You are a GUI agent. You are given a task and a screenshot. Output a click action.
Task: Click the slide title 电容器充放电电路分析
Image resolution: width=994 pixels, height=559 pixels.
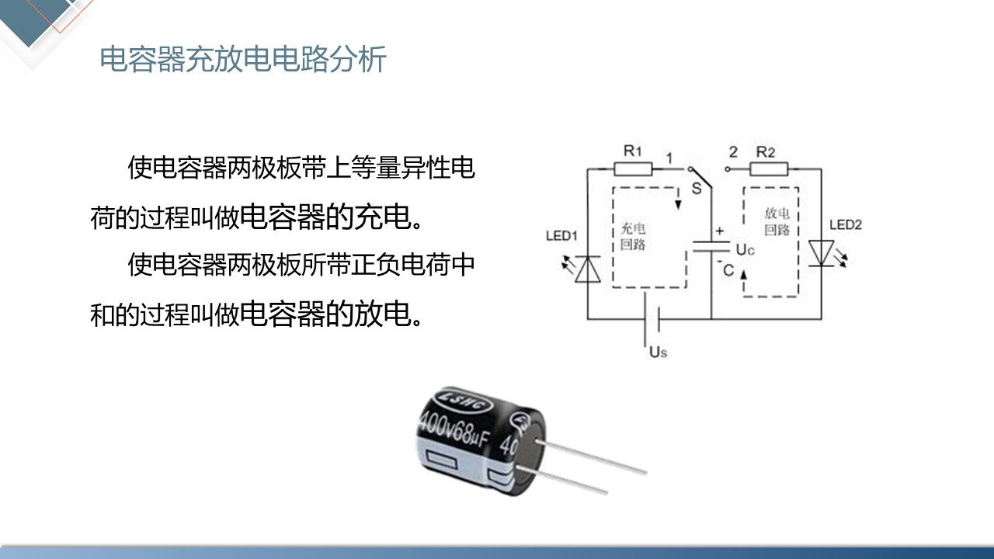243,60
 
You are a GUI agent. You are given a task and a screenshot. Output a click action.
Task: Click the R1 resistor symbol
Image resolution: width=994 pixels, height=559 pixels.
633,168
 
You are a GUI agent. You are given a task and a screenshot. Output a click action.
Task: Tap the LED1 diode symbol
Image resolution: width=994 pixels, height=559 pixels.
587,268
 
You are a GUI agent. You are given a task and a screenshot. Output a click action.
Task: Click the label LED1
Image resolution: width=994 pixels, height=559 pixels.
561,236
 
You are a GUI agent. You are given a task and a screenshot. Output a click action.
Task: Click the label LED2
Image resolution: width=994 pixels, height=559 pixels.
846,225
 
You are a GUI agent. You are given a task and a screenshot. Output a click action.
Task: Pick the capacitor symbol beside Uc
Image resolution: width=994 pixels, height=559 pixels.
711,247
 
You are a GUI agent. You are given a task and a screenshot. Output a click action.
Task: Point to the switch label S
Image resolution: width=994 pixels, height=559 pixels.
697,188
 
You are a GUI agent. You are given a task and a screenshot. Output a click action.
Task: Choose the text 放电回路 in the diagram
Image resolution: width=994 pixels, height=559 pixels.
777,221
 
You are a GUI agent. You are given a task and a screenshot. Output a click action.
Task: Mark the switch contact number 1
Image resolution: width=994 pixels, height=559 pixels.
668,158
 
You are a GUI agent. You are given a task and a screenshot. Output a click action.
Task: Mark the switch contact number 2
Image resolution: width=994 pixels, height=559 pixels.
733,152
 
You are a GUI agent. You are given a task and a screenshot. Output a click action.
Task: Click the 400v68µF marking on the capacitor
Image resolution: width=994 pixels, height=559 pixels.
454,426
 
